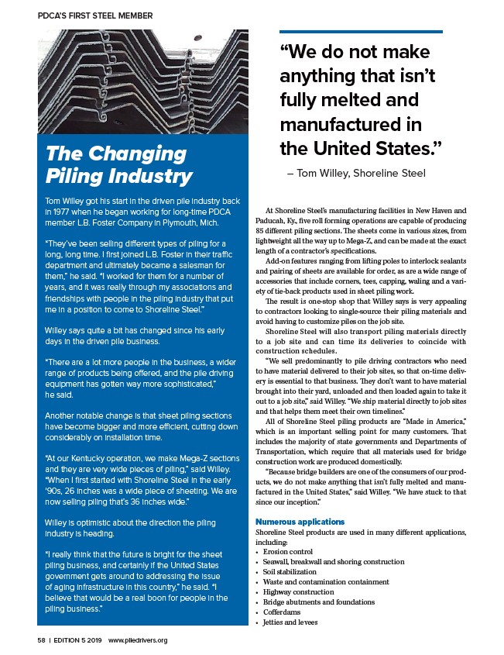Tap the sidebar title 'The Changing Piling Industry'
(x=119, y=164)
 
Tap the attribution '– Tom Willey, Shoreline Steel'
(x=355, y=174)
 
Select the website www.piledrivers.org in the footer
(x=138, y=640)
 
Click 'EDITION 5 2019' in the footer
(x=78, y=640)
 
